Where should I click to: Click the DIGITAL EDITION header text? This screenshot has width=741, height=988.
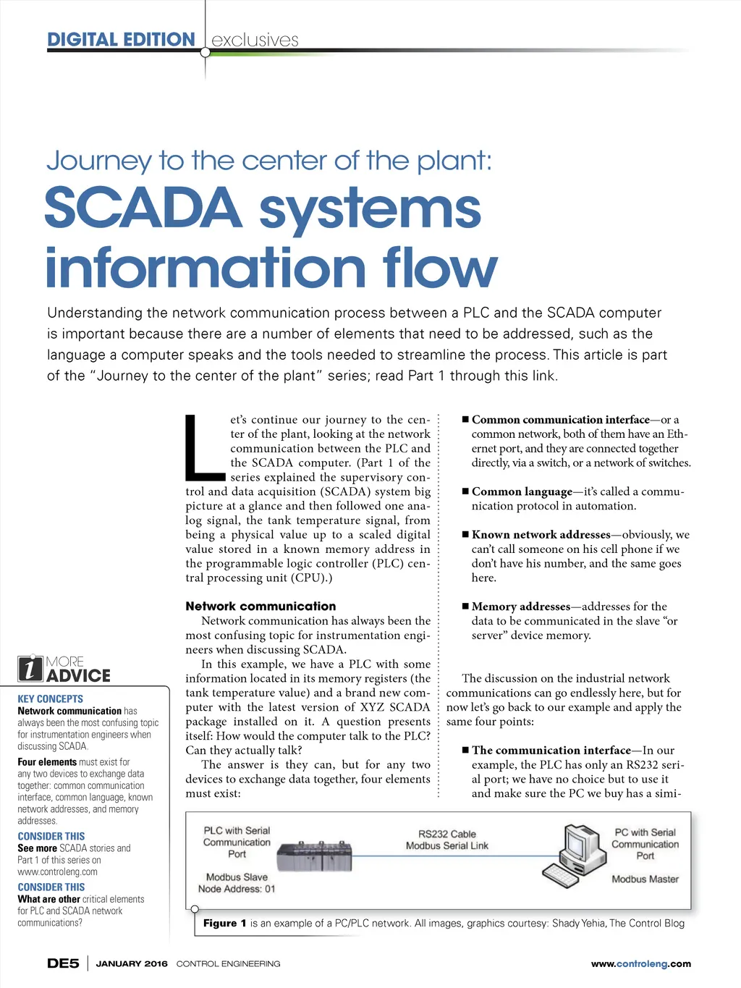coord(121,40)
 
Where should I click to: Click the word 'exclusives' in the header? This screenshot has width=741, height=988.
coord(255,41)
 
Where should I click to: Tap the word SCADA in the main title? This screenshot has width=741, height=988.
coord(143,208)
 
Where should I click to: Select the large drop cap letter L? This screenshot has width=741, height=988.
coord(204,447)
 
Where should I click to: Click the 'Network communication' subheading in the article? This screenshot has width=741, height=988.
coord(261,607)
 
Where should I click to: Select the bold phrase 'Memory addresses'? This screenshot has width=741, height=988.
coord(521,607)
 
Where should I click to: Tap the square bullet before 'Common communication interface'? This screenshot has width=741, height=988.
coord(465,419)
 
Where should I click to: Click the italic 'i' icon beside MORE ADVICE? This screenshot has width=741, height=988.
coord(30,669)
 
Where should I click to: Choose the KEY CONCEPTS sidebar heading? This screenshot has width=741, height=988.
coord(51,699)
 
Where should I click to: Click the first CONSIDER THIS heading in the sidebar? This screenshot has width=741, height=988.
coord(51,836)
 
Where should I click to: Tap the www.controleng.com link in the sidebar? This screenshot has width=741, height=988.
coord(57,872)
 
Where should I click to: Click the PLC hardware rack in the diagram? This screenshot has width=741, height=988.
coord(316,860)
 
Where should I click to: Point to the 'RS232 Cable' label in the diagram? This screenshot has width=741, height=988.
coord(447,834)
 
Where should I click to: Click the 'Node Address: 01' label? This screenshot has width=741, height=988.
coord(237,889)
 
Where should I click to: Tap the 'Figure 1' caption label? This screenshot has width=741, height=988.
coord(224,923)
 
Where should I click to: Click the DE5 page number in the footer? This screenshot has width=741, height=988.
coord(63,963)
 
